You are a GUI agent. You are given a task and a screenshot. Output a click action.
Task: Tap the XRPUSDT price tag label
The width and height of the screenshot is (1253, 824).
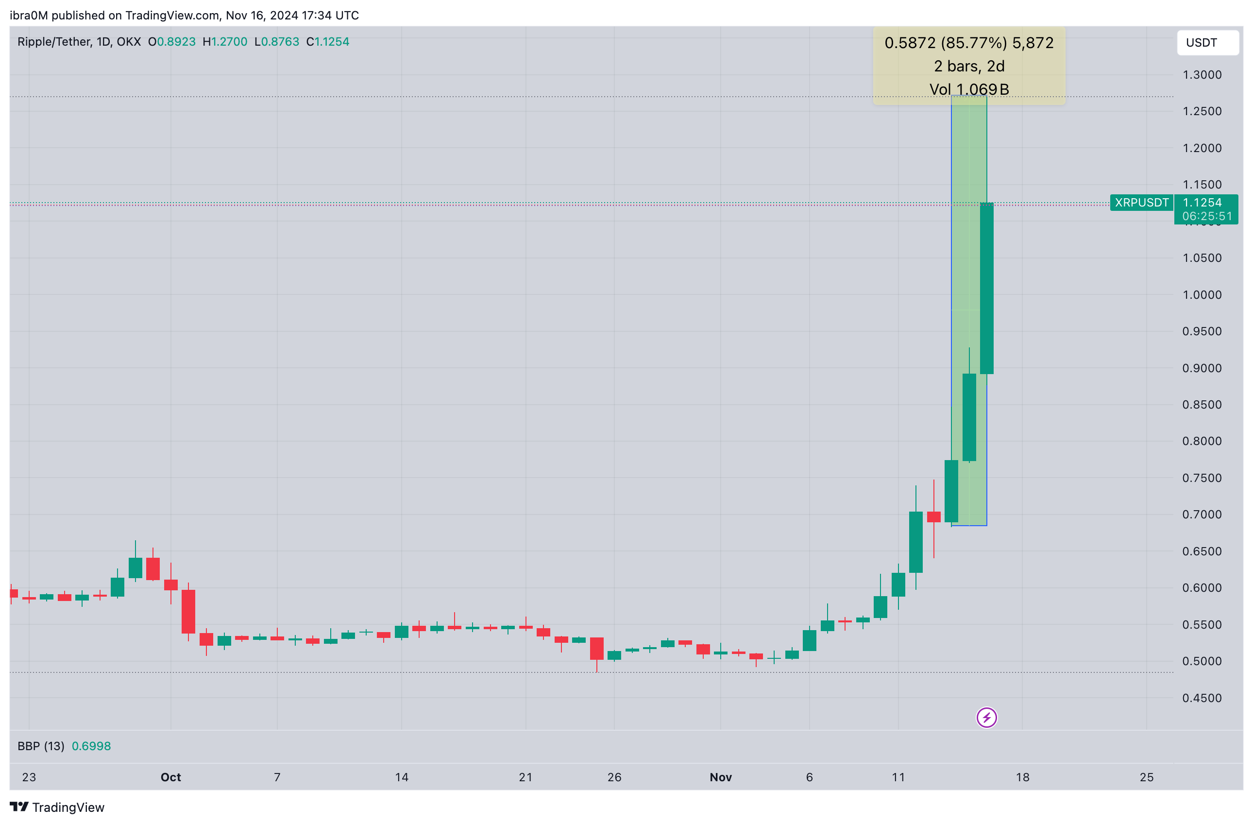1141,203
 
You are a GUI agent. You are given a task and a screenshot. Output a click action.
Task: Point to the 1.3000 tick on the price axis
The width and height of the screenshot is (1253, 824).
1202,75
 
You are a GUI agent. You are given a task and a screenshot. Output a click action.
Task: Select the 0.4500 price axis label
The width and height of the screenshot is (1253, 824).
1202,698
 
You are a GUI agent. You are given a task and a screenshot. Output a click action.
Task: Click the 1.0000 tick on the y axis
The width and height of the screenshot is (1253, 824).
1202,295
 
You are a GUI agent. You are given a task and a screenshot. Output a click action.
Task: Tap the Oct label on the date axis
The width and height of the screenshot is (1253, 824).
170,777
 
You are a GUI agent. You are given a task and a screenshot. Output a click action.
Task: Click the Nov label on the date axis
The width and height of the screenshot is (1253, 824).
720,777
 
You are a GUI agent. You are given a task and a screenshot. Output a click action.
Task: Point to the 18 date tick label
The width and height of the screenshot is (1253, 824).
1022,777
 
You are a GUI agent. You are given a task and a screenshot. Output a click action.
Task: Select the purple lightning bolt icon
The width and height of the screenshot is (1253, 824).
986,718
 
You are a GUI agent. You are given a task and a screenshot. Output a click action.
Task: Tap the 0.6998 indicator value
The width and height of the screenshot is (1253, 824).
91,746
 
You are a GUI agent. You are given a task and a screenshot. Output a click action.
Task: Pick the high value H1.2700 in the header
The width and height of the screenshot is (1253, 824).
225,42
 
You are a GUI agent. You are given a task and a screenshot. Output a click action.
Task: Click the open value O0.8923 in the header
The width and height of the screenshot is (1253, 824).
171,42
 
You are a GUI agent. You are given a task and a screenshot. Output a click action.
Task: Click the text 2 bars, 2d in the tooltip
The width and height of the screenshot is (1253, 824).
969,67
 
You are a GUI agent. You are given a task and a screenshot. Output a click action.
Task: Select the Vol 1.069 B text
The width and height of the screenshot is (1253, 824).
969,89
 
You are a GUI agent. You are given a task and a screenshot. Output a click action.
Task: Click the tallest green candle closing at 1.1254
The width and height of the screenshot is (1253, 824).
986,289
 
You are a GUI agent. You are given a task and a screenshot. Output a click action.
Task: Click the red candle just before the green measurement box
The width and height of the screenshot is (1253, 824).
933,516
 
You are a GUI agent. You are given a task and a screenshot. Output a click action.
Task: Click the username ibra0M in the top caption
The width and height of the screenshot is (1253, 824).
29,15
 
